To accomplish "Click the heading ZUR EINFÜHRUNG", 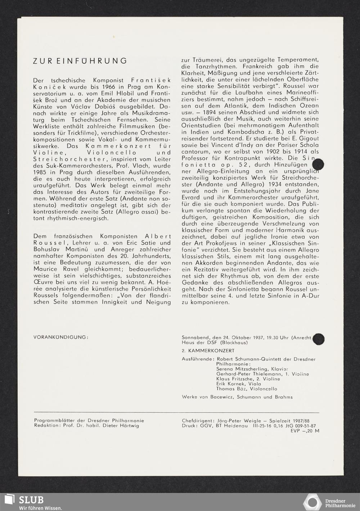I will [80, 61].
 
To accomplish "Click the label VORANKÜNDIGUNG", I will [60, 337].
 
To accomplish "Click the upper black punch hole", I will [318, 165].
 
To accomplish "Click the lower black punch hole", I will [318, 339].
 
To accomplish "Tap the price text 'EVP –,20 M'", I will [305, 431].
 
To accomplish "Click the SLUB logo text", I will [31, 499].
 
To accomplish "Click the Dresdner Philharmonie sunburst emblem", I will [312, 502].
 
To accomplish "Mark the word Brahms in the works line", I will [283, 397].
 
